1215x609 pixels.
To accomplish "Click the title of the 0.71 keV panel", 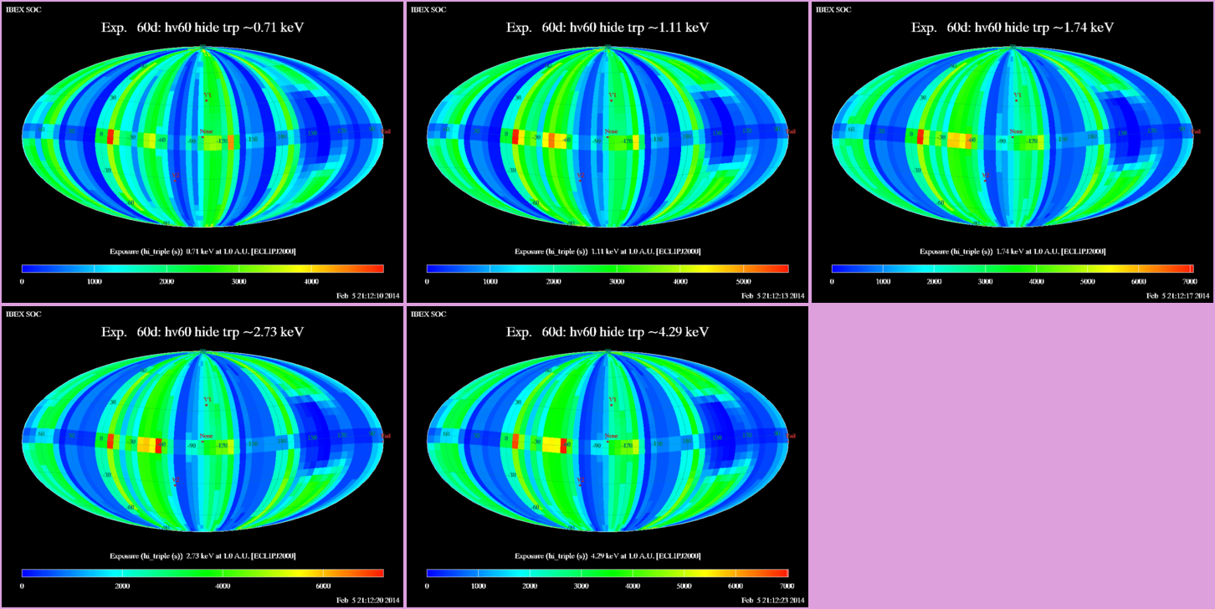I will coord(202,28).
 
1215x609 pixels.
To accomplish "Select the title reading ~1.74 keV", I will coord(1012,28).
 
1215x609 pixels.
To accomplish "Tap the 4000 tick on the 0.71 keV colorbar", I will coord(310,282).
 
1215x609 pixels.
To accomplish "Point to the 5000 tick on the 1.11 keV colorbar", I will coord(744,282).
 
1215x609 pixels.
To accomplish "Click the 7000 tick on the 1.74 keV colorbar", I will coord(1190,282).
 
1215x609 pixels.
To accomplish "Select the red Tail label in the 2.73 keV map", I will coord(387,436).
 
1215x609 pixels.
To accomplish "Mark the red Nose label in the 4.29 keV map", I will coord(611,436).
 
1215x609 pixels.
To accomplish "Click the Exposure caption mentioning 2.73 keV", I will coord(202,556).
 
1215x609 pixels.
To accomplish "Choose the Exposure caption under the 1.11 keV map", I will coord(607,252).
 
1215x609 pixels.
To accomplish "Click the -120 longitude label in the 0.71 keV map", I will coord(223,141).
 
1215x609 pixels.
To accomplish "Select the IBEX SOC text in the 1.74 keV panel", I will coord(833,10).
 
